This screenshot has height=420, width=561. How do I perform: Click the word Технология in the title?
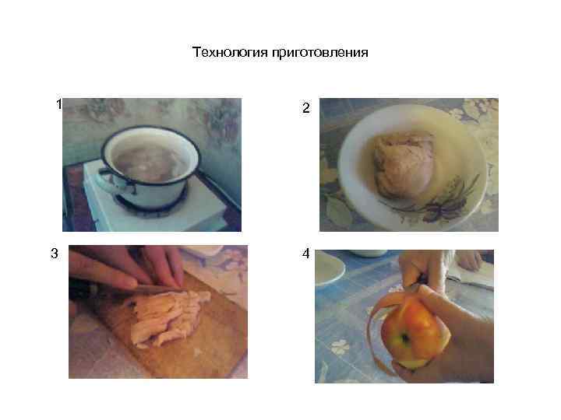[x=230, y=53]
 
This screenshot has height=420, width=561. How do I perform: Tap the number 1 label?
[x=58, y=104]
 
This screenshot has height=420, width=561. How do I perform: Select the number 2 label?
[x=305, y=111]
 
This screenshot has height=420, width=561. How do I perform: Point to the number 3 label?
[x=54, y=254]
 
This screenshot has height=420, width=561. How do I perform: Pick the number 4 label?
[x=305, y=254]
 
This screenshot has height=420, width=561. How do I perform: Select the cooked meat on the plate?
[x=403, y=165]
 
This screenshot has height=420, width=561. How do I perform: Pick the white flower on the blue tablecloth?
[x=340, y=347]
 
